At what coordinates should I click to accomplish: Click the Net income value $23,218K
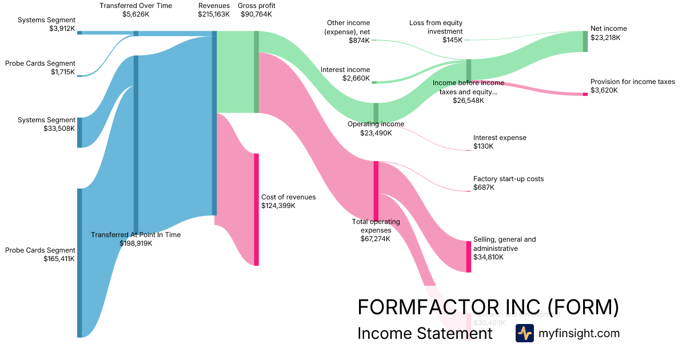(x=605, y=38)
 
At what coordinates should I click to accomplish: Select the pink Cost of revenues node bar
(x=257, y=209)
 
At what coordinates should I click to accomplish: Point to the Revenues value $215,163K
(x=214, y=14)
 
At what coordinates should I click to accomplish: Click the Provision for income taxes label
(x=632, y=82)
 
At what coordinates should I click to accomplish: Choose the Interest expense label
(x=500, y=138)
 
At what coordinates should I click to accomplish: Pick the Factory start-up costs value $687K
(x=484, y=187)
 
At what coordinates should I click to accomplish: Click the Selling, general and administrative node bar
(x=469, y=257)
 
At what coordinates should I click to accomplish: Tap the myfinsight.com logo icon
(x=524, y=333)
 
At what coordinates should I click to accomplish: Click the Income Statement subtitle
(x=424, y=333)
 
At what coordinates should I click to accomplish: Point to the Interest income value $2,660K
(x=356, y=78)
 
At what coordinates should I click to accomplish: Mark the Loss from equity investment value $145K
(x=452, y=40)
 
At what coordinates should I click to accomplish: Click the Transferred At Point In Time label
(x=135, y=235)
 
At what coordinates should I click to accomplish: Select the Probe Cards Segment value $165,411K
(x=59, y=259)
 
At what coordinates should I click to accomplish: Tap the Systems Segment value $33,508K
(x=59, y=129)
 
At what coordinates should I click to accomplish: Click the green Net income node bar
(x=585, y=41)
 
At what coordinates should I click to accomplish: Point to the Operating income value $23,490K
(x=376, y=133)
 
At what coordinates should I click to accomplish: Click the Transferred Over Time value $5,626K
(x=135, y=14)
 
